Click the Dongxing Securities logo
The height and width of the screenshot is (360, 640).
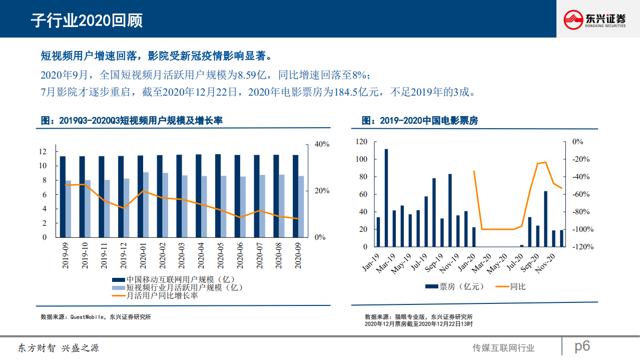tap(594, 20)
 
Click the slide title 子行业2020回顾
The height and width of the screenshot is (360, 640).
tap(87, 21)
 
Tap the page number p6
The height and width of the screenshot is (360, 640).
tap(582, 345)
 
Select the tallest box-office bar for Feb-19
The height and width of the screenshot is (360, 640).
tap(386, 198)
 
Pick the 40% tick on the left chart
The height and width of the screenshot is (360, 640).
tap(322, 144)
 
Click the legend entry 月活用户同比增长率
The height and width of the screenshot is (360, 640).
tap(162, 295)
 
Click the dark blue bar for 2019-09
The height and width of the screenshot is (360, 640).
tap(63, 196)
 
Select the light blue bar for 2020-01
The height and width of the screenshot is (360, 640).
tap(146, 204)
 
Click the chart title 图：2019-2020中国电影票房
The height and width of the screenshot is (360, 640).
tap(419, 121)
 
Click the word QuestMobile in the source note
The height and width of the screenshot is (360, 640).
tap(87, 317)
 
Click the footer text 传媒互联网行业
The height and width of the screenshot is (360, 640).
tap(503, 348)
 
